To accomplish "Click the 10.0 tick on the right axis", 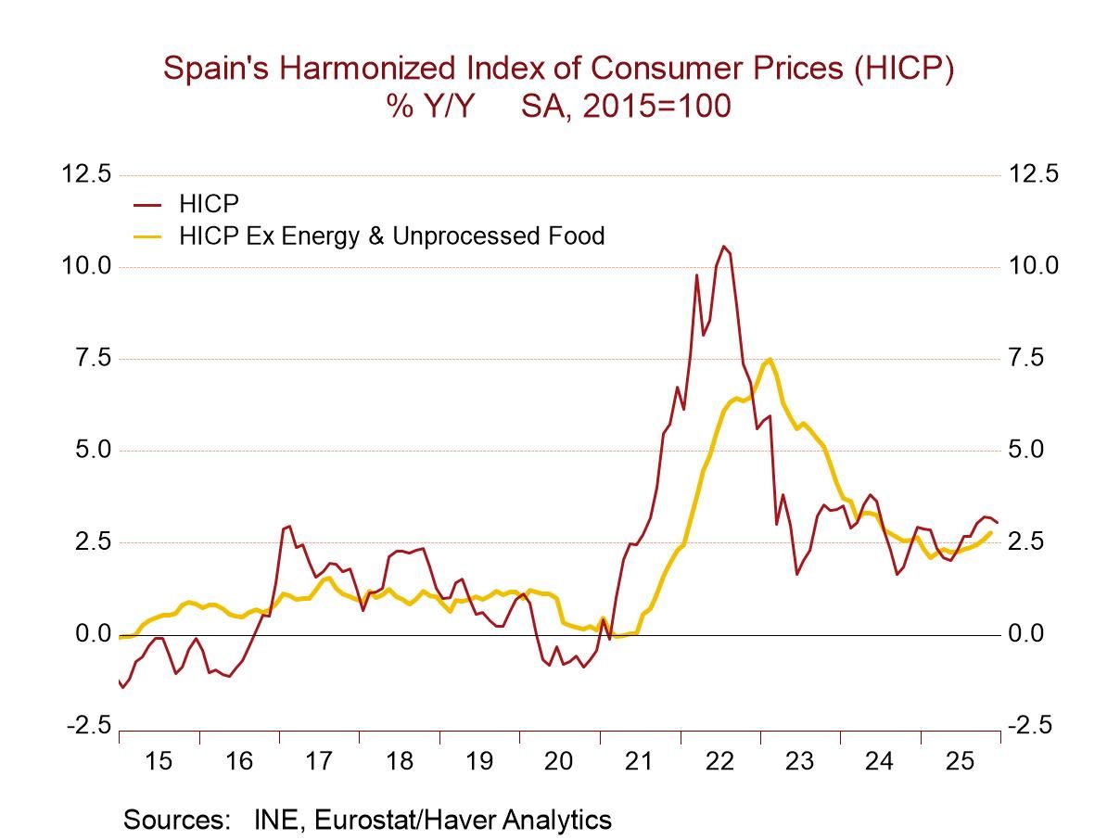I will point(1033,266).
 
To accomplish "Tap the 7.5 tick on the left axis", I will point(93,358).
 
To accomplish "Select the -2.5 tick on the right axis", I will point(1029,726).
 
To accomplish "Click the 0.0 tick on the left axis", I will point(93,634).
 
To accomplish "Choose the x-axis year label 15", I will point(159,761).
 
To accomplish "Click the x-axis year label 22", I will point(719,761).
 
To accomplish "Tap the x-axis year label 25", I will point(960,761).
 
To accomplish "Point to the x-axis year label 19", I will point(479,761).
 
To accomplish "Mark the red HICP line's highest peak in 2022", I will point(724,247).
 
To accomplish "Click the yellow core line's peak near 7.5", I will point(770,359).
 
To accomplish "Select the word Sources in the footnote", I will point(176,820).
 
